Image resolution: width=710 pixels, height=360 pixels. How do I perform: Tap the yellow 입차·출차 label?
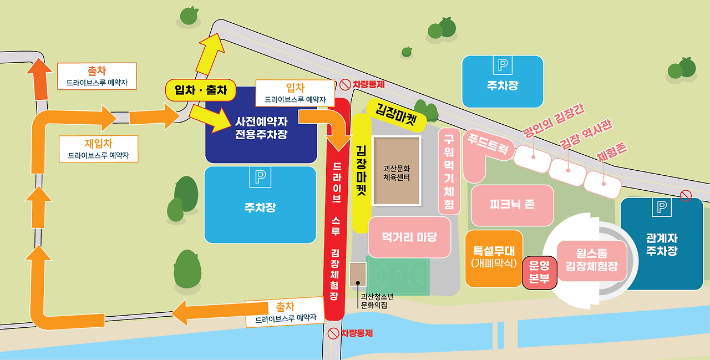[201, 90]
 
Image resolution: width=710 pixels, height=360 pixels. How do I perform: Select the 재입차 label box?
[98, 149]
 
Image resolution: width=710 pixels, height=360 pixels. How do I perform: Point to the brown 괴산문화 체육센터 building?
[396, 170]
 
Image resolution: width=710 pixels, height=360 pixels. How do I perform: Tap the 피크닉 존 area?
[512, 205]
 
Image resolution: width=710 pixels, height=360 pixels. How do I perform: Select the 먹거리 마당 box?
[409, 237]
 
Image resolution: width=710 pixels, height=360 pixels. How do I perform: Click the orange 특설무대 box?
[494, 258]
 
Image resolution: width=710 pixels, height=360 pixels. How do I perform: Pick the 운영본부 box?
[539, 273]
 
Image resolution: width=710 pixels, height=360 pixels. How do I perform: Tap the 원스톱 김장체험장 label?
[591, 260]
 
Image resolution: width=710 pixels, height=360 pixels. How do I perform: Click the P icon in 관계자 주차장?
[661, 207]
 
